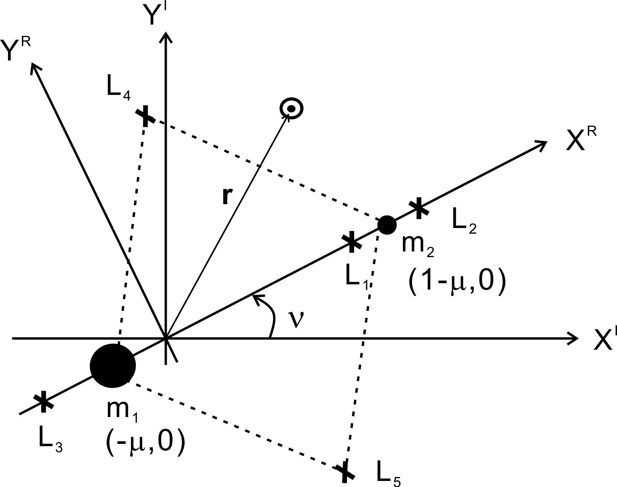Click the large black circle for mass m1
[x=112, y=366]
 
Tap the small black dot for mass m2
[x=387, y=225]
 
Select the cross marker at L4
[x=145, y=116]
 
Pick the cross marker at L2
[x=418, y=208]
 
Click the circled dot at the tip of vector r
[x=292, y=109]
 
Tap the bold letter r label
[x=226, y=196]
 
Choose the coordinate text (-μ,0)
[x=146, y=440]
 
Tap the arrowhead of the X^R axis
[x=543, y=143]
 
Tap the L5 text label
[x=388, y=473]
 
